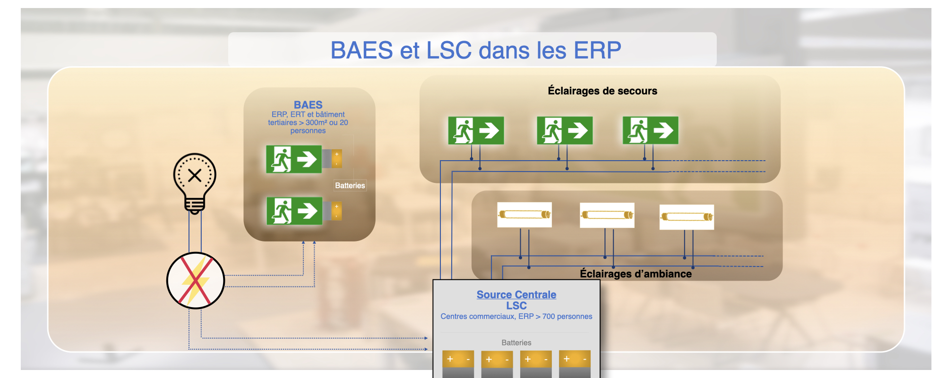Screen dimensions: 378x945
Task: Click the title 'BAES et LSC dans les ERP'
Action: coord(475,50)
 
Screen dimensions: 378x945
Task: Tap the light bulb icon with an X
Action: coord(195,182)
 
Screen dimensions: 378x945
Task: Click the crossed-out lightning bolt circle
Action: coord(196,281)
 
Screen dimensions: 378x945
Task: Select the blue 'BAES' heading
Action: coord(308,105)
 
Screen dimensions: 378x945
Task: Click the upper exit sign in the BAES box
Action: coord(294,159)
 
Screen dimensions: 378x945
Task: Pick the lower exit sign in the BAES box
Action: coord(294,211)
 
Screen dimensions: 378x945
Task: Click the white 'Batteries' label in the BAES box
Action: coord(350,186)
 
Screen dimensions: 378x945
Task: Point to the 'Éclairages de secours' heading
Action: coord(602,91)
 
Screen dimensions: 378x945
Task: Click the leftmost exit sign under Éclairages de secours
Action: coord(476,130)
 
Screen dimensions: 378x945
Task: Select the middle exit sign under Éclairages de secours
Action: coord(565,130)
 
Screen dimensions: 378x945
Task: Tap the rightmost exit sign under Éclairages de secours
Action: coord(650,130)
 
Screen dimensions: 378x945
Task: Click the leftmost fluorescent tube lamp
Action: coord(524,215)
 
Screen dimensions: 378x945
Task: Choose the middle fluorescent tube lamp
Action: coord(607,215)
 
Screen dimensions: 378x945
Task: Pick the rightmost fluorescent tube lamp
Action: coord(687,217)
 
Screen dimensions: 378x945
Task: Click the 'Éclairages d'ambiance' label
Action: coord(636,274)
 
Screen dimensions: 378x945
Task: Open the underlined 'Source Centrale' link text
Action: coord(516,295)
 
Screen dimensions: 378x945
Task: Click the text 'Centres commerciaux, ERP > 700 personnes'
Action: coord(516,317)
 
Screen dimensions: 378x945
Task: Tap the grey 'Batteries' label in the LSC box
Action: coord(516,343)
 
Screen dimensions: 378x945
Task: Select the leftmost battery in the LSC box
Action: coord(458,363)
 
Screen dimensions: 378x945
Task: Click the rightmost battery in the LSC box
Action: coord(575,363)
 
